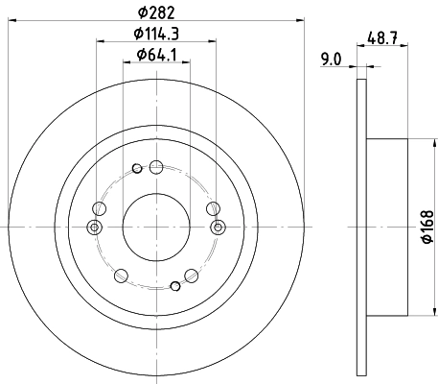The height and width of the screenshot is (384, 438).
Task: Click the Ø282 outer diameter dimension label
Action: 157,12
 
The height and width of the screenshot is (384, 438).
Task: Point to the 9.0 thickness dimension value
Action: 333,60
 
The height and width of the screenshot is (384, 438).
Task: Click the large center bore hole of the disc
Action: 156,228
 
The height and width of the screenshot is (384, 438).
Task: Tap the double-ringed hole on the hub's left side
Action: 94,228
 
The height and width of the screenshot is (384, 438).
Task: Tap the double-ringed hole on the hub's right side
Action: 219,228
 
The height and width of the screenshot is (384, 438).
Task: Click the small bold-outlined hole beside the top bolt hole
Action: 137,170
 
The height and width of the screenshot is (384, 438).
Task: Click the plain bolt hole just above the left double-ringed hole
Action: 100,207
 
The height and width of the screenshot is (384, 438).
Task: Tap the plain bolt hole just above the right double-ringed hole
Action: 212,207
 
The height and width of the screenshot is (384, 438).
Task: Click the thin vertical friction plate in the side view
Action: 361,228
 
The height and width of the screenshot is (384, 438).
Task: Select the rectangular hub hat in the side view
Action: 388,228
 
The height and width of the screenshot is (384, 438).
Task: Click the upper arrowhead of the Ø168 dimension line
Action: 413,144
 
